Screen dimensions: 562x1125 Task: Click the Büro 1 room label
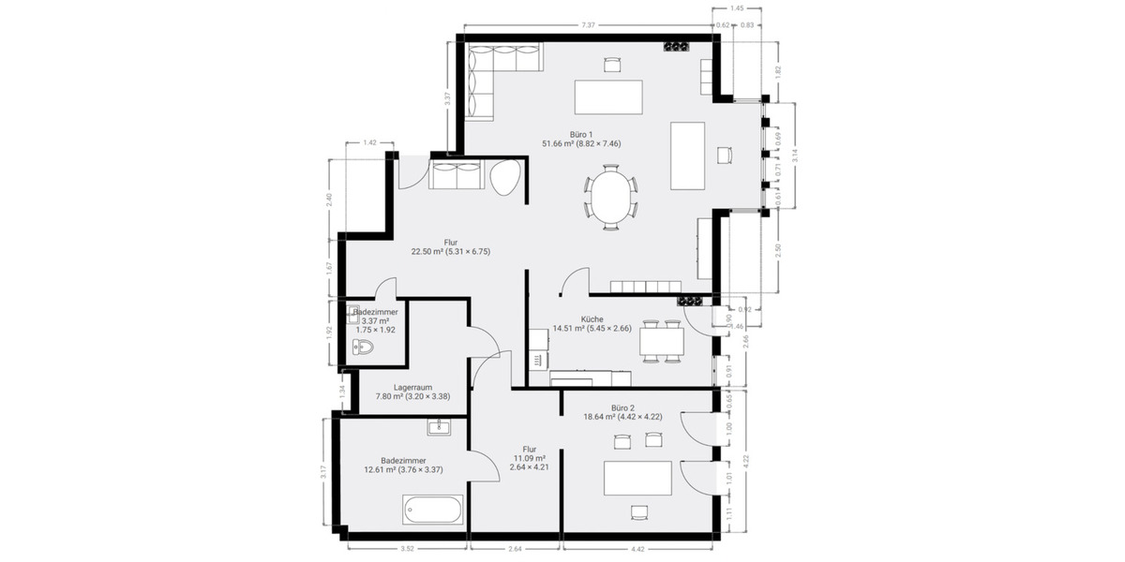tap(581, 139)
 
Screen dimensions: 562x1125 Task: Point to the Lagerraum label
tap(412, 392)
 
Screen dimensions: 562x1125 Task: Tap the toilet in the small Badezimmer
tap(361, 348)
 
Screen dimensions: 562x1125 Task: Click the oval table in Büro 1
tap(611, 197)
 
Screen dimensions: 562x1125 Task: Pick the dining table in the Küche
tap(662, 342)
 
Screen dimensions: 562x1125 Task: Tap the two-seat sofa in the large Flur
tap(457, 175)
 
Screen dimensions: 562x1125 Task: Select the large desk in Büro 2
tap(638, 479)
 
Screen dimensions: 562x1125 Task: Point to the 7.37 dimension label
tap(587, 24)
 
